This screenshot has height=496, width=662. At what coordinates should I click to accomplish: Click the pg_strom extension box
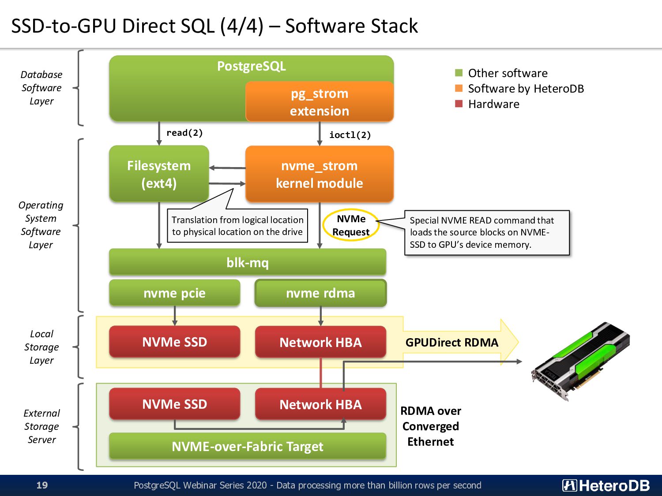point(320,101)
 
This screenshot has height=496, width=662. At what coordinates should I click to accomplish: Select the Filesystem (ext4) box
point(159,174)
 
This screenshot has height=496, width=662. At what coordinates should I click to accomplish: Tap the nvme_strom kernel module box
point(320,174)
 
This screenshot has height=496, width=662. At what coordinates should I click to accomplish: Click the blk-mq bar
point(248,262)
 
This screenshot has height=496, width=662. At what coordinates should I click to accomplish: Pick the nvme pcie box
point(175,293)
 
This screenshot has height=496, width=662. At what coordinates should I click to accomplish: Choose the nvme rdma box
point(320,293)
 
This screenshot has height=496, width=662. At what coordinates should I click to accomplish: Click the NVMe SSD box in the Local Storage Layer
point(175,342)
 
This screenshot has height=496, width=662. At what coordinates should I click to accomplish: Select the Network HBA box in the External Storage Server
point(320,404)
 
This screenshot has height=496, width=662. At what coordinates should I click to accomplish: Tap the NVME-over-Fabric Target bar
point(248,446)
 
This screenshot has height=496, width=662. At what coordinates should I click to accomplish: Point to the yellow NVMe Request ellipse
point(351,225)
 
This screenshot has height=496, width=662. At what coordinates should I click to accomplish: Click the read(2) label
point(184,133)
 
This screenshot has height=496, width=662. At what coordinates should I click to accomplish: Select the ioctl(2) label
point(350,135)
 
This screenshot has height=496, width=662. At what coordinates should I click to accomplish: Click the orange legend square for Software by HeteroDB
point(459,88)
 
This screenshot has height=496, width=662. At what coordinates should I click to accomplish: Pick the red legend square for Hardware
point(459,104)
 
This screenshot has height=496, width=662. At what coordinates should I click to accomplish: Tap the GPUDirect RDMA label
point(452,343)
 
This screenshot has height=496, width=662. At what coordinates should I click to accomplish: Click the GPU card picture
point(580,362)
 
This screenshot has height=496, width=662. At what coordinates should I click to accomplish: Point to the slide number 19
point(42,485)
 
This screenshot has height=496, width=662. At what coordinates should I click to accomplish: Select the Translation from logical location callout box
point(237,226)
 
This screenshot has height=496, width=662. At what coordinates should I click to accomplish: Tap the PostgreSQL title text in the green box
point(251,66)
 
